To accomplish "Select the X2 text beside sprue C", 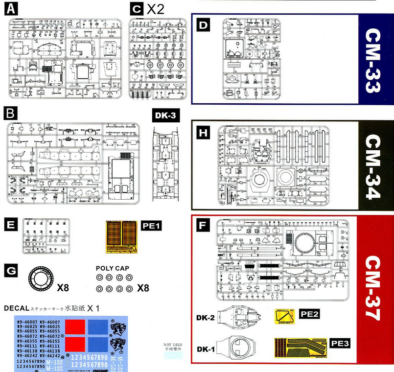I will [156, 8].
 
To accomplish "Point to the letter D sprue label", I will [203, 25].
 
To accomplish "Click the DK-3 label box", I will [163, 116].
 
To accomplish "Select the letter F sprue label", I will [202, 226].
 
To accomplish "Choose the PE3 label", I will [340, 344].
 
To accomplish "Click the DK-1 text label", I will [206, 349].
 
